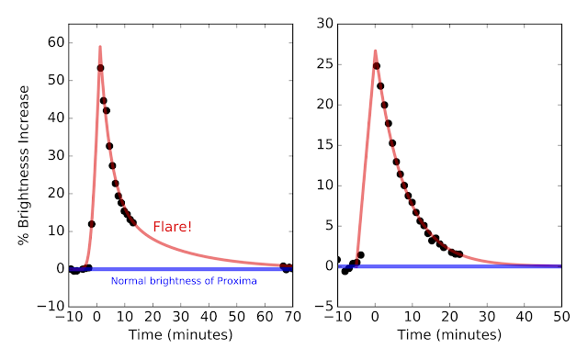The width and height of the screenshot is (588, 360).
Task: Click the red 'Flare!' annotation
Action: pos(173,227)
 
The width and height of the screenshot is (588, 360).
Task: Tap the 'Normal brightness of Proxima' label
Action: pos(184,281)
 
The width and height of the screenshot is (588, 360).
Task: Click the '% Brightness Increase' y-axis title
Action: pos(23,165)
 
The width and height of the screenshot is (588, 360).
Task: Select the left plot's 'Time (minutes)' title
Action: pos(180,334)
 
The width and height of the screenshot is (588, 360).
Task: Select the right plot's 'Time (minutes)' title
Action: pos(449,334)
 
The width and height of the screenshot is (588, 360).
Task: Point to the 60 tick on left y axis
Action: pos(56,42)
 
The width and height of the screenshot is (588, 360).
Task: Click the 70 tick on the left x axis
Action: pos(292,317)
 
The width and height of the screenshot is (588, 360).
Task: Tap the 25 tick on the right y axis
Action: pos(324,64)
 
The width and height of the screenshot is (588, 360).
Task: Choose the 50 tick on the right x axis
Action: pos(561,317)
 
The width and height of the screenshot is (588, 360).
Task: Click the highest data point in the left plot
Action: pos(100,68)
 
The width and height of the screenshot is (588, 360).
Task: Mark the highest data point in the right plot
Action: pos(377,66)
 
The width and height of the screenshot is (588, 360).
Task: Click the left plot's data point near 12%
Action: pos(92,224)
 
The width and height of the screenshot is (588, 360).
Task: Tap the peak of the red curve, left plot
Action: pos(100,47)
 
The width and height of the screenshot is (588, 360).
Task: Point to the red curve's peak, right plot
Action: pos(375,51)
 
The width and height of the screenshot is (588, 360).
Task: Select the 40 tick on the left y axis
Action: pos(56,118)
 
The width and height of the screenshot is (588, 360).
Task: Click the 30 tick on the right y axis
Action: pos(324,24)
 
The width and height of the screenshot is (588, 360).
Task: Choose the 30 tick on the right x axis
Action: pos(487,317)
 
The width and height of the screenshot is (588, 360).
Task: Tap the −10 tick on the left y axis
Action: pos(51,307)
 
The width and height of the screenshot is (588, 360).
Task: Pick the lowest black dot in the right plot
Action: pos(345,271)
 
